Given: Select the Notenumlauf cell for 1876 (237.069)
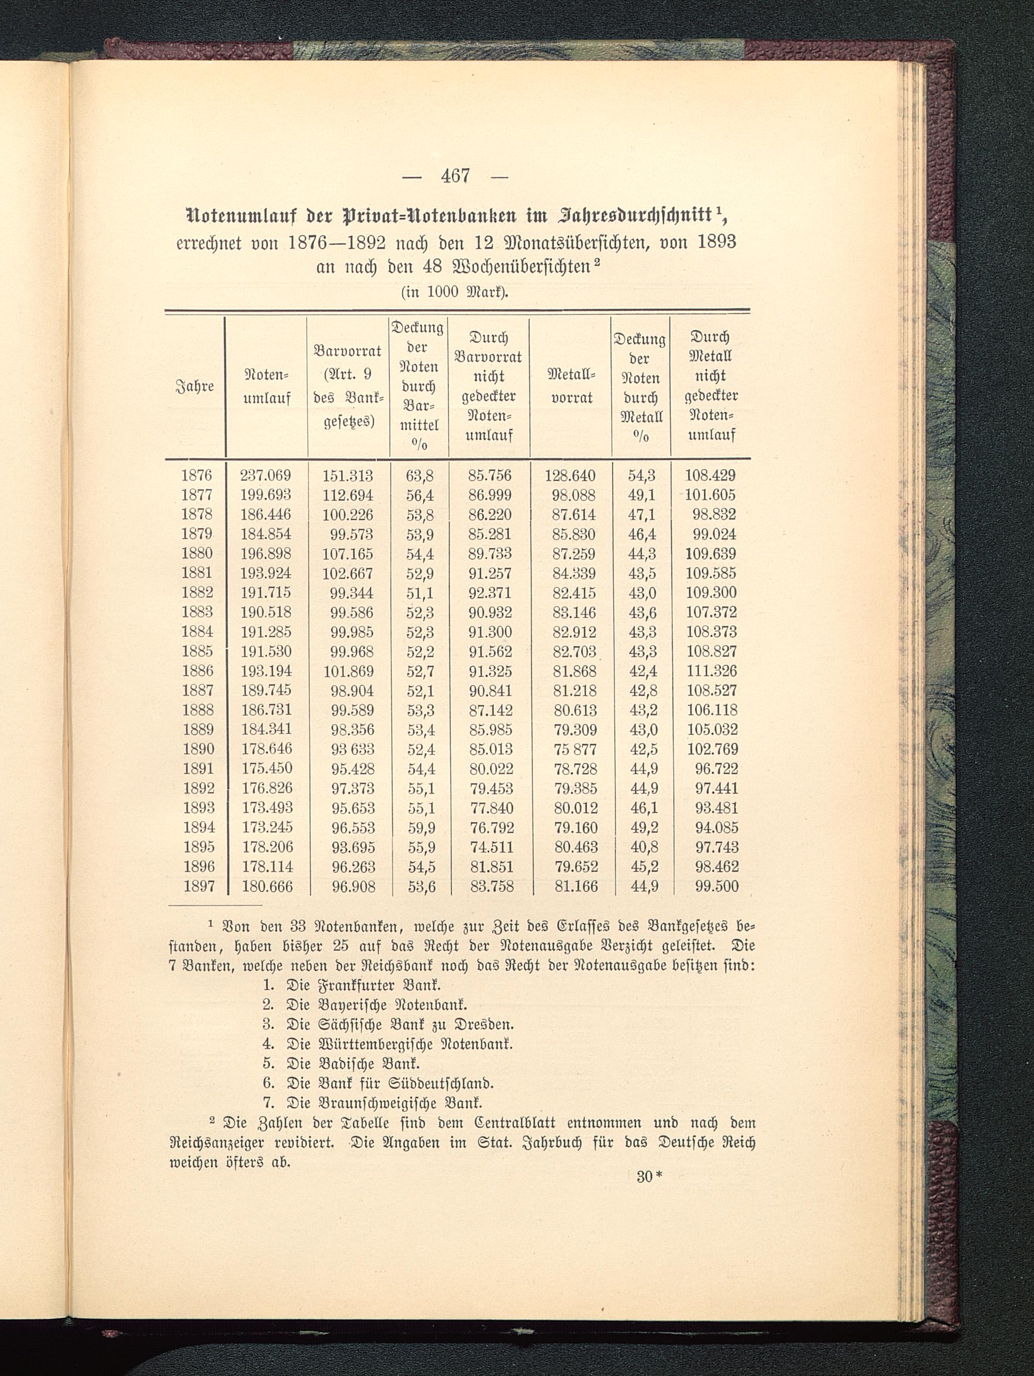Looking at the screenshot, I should pos(266,476).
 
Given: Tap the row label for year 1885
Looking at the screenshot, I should pos(197,651).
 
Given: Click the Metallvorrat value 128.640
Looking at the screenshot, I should pos(570,476).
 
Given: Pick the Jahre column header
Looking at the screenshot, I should pos(195,386).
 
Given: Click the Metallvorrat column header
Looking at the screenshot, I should pos(571,386).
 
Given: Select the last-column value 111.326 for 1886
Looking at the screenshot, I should pos(711,671).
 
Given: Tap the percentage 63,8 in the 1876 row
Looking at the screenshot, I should pos(420,476).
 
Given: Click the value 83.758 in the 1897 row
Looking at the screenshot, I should pos(491,887).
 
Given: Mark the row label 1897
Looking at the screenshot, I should pos(199,887).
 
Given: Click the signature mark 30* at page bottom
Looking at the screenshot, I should pos(650,1177).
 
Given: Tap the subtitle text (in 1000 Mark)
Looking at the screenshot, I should pos(455,292).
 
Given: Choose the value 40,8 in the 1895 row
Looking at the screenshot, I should pos(644,847).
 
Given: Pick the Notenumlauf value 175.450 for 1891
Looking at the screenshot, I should pos(266,768).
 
